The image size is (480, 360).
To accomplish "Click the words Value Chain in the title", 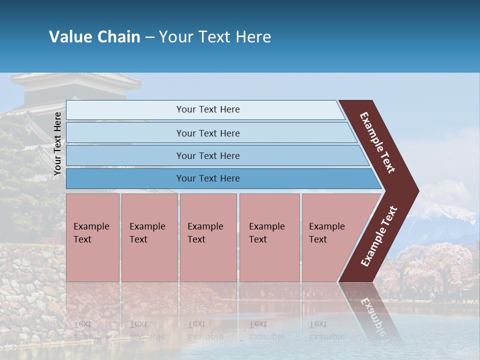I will pyautogui.click(x=94, y=36).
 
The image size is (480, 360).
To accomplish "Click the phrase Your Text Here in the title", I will pyautogui.click(x=215, y=36).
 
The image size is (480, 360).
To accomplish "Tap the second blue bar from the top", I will pyautogui.click(x=207, y=133).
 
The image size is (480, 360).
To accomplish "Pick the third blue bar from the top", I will pyautogui.click(x=207, y=155).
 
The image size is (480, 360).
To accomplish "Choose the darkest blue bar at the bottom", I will pyautogui.click(x=207, y=178).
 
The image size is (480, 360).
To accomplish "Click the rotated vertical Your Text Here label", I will pyautogui.click(x=57, y=143).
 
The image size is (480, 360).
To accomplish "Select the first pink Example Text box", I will pyautogui.click(x=92, y=237).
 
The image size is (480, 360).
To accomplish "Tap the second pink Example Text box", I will pyautogui.click(x=149, y=237).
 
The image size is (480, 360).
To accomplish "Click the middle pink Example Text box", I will pyautogui.click(x=208, y=237).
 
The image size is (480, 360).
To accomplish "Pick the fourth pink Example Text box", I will pyautogui.click(x=269, y=237).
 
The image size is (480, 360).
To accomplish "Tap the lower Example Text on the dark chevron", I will pyautogui.click(x=378, y=236).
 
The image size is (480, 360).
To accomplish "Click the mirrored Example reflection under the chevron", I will pyautogui.click(x=370, y=312).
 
